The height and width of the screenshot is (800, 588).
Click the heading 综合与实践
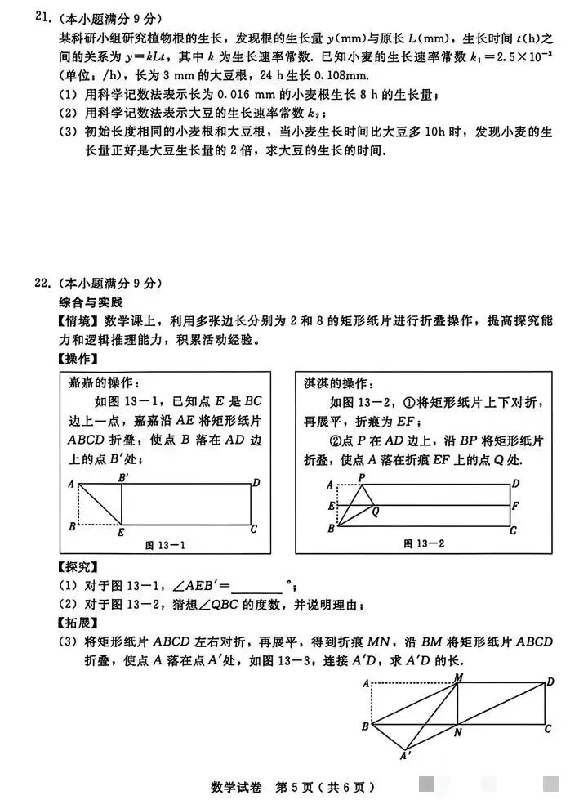[83, 302]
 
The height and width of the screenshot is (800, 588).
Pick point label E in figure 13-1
[120, 534]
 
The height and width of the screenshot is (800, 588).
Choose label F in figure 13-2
[515, 506]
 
